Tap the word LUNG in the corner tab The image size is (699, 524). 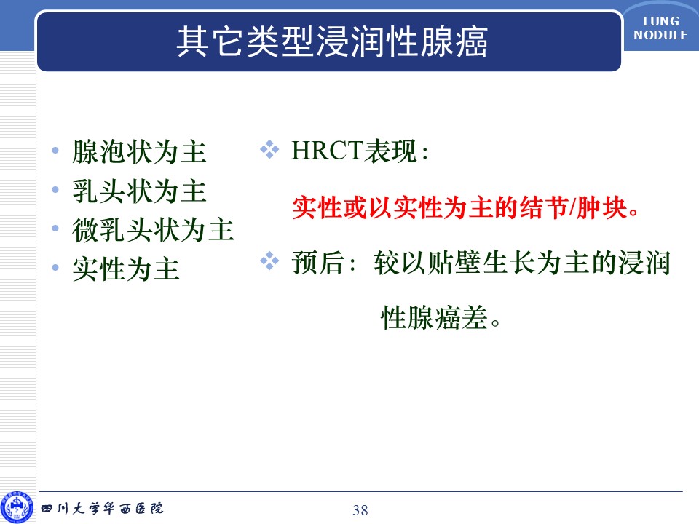coord(661,21)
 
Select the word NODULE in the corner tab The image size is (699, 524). coord(660,35)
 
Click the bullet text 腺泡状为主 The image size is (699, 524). coord(140,151)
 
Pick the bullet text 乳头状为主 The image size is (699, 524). coord(140,191)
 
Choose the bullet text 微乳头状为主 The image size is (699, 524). coord(153,230)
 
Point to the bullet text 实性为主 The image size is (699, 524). coord(126,269)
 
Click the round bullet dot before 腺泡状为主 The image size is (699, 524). coord(55,151)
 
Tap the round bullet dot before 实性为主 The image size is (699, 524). coord(55,268)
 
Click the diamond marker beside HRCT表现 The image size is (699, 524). coord(269,150)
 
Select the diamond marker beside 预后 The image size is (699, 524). coord(269,261)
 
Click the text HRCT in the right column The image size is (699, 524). coord(327,151)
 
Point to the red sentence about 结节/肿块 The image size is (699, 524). coord(466,207)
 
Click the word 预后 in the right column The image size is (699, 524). coord(318,263)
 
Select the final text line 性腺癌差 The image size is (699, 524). coord(441,318)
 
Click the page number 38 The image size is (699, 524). coord(360,509)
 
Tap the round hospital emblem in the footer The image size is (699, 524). coord(17,508)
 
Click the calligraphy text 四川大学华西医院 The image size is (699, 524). coord(103,509)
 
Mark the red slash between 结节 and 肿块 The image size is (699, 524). coord(573,207)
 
